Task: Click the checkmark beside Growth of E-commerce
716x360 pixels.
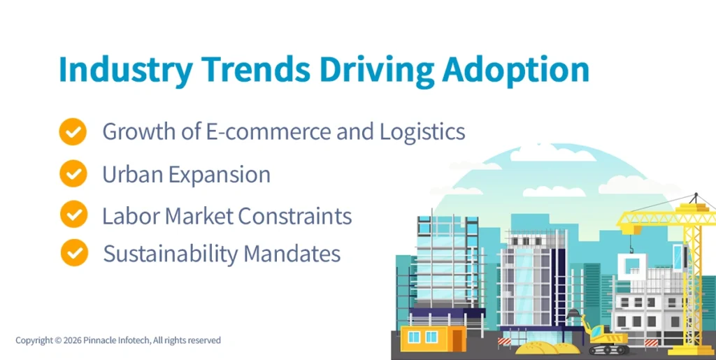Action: [x=73, y=131]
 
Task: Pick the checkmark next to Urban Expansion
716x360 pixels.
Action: [x=73, y=173]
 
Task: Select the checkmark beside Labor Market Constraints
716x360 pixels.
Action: [x=73, y=214]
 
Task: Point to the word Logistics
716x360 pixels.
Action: [x=422, y=131]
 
